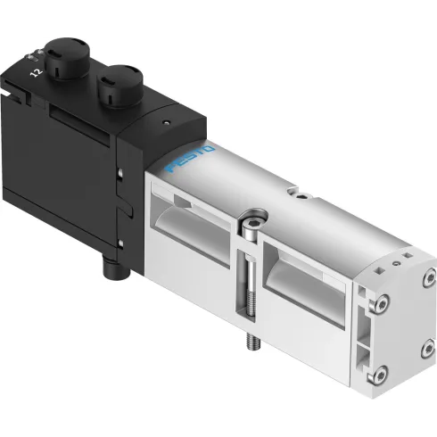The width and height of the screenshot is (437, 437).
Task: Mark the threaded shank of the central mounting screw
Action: coord(249,285)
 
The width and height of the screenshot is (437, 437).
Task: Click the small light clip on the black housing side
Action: coord(120,175)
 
